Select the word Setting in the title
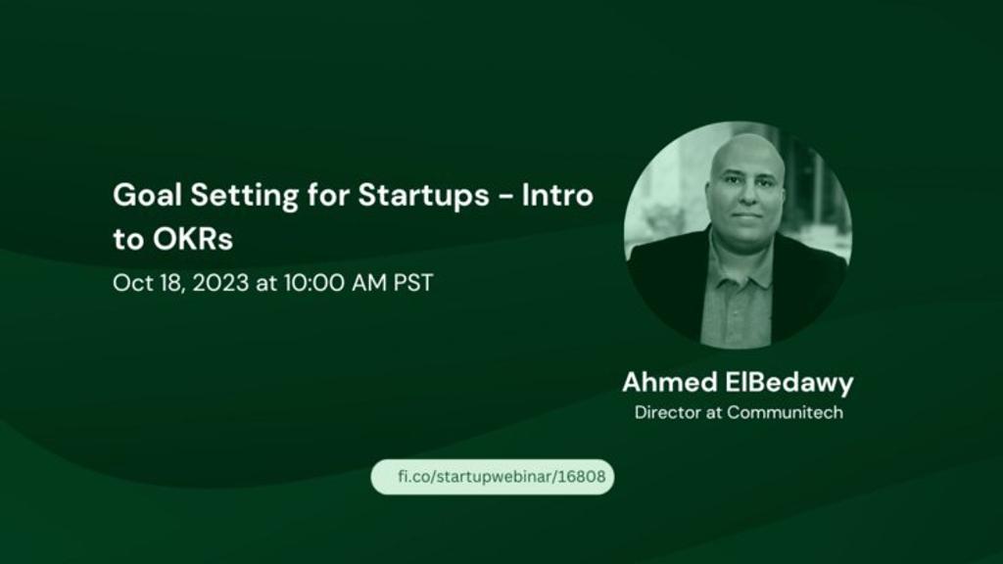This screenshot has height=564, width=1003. point(244,196)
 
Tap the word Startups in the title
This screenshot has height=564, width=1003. point(423,196)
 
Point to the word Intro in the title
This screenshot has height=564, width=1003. point(557,195)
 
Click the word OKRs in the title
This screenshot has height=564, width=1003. point(193,239)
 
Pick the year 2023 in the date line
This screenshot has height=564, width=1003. point(220,283)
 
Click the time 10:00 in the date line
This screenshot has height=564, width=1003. point(313,283)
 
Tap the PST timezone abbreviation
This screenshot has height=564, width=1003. point(413,283)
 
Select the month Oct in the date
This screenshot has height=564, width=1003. point(132,283)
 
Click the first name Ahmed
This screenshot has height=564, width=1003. point(670,383)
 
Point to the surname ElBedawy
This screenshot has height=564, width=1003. point(789,384)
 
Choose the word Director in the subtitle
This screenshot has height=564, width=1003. point(667,412)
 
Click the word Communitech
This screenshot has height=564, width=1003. point(785,412)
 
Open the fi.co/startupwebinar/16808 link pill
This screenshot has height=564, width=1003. point(493,477)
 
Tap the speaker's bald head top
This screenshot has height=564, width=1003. point(747,145)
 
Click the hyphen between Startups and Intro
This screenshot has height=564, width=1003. point(505,197)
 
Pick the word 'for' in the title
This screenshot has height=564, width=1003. point(328,195)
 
